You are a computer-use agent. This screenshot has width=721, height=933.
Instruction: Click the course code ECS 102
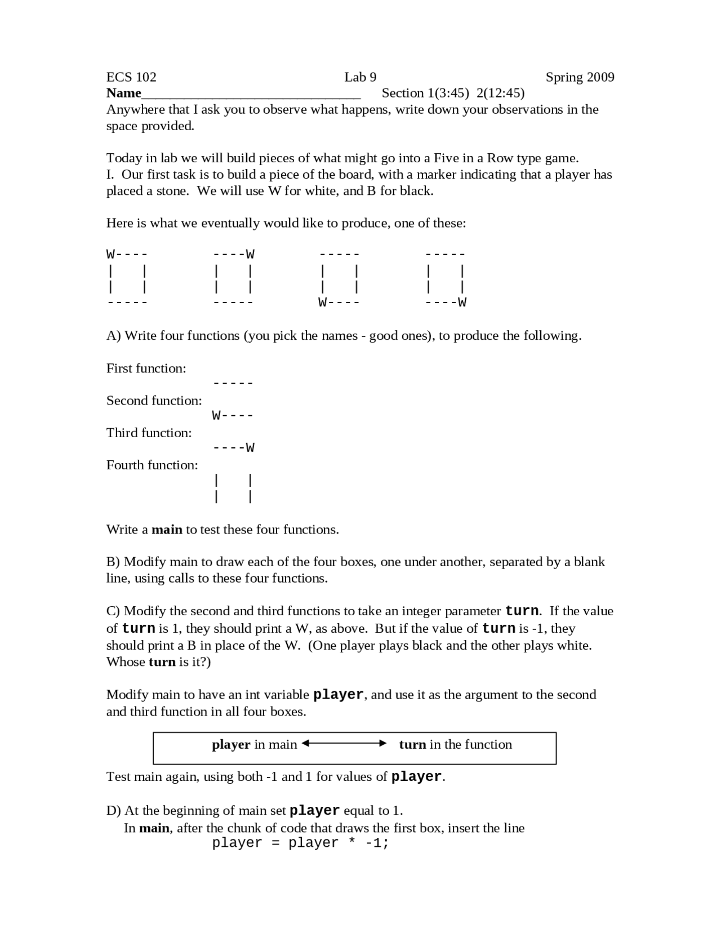[131, 77]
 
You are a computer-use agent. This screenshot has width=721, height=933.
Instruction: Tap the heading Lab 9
[360, 77]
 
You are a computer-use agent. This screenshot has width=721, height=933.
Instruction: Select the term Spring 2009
[580, 77]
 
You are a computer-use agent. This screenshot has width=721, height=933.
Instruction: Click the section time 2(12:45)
[500, 93]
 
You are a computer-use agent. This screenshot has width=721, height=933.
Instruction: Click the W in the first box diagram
[110, 254]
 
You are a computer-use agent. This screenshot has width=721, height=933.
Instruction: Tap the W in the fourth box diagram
[462, 303]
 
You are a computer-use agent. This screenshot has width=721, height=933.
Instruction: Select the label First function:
[146, 368]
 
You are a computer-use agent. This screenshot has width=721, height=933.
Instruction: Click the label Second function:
[154, 401]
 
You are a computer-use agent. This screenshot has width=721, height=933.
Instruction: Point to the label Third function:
[149, 433]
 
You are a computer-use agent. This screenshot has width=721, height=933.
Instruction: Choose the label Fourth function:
[152, 465]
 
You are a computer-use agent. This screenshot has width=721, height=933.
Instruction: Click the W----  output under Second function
[233, 416]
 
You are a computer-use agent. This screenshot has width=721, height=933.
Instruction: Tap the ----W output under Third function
[234, 448]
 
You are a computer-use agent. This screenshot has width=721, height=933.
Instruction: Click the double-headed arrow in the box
[344, 744]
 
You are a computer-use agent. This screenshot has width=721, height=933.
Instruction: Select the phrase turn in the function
[455, 745]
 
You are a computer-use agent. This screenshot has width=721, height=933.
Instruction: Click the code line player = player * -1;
[300, 843]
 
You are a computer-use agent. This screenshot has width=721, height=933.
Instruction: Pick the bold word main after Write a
[167, 530]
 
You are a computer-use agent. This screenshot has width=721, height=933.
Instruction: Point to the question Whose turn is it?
[158, 662]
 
